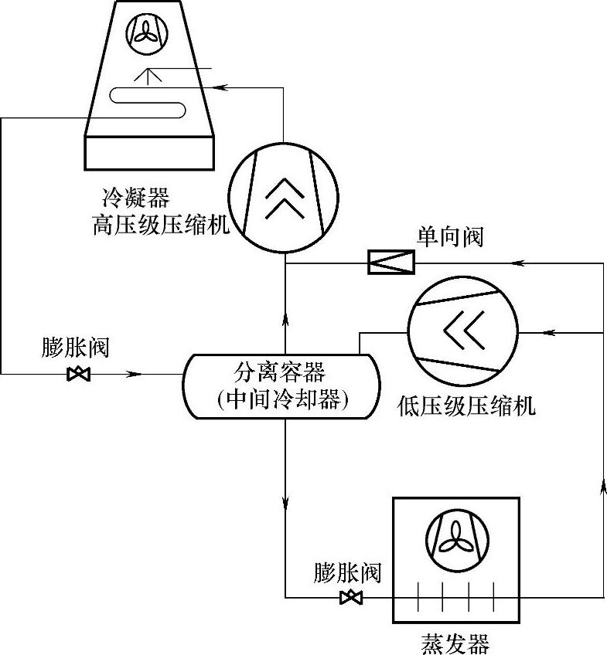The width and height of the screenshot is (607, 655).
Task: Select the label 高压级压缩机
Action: (x=161, y=226)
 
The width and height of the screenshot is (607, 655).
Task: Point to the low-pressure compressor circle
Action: (x=463, y=331)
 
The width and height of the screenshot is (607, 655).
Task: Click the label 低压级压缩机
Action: (x=466, y=405)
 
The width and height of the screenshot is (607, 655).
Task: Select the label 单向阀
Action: (x=451, y=236)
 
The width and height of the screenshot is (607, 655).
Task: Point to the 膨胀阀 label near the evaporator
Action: (x=347, y=572)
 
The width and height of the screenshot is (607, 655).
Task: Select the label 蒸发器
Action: (x=455, y=643)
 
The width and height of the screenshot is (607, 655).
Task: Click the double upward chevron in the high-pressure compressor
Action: (x=285, y=199)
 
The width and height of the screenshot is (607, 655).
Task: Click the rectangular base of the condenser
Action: (x=147, y=153)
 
